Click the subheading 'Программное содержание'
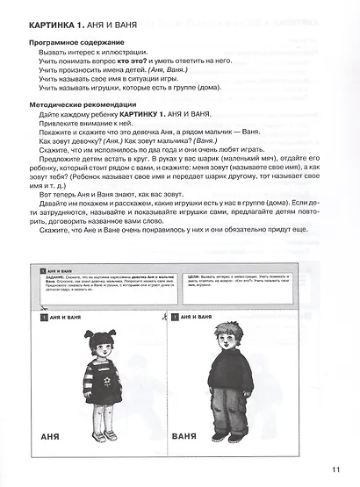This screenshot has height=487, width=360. (78, 42)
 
